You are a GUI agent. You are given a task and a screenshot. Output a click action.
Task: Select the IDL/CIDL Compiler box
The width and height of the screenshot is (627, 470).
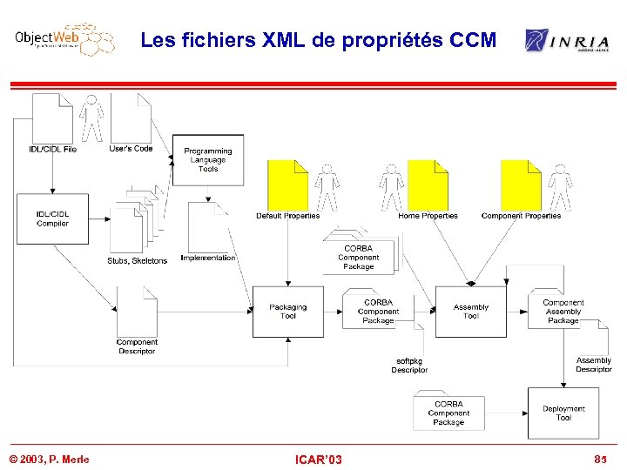click(52, 218)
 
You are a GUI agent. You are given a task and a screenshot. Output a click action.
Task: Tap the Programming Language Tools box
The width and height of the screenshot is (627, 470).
click(207, 160)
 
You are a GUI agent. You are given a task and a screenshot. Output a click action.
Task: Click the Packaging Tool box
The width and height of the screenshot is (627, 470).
click(287, 312)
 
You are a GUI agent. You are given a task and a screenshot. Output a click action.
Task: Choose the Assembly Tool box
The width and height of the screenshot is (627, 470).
click(470, 312)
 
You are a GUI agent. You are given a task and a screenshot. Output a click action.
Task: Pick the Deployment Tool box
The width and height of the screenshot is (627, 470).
click(563, 413)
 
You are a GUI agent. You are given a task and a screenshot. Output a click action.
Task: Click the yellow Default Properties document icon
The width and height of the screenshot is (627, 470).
click(287, 185)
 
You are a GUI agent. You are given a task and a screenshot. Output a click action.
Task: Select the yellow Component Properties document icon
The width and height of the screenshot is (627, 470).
click(521, 185)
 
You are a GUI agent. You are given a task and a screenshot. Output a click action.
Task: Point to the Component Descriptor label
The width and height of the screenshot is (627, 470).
click(137, 346)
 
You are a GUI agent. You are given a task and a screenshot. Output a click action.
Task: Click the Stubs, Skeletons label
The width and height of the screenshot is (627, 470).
click(137, 260)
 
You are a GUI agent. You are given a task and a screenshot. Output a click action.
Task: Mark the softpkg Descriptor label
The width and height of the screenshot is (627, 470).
click(409, 366)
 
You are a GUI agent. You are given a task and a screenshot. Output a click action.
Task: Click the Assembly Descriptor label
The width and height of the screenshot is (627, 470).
click(593, 365)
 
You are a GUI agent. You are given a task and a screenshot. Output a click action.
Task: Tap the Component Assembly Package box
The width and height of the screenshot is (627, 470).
click(563, 312)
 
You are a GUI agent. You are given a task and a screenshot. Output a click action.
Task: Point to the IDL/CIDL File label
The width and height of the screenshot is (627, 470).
click(52, 150)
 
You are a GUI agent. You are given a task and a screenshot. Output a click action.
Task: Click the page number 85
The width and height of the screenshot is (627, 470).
click(599, 459)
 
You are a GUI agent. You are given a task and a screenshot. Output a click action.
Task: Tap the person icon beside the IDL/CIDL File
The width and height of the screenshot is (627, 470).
click(91, 119)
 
